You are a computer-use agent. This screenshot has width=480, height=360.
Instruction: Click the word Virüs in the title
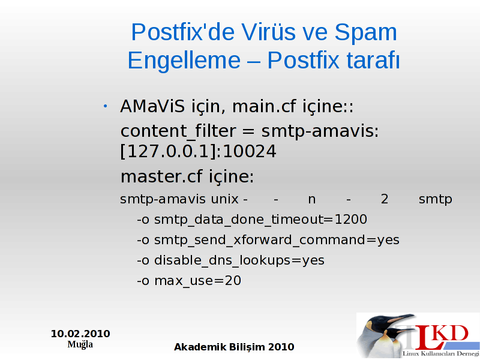tap(268, 32)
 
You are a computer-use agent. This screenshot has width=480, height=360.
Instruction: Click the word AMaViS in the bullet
tap(152, 106)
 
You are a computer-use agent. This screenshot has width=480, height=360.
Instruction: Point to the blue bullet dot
tap(106, 106)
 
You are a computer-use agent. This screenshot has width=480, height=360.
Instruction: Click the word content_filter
tap(178, 131)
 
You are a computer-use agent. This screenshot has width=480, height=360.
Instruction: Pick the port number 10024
tap(250, 152)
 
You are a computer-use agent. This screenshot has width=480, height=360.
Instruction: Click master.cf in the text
tap(161, 176)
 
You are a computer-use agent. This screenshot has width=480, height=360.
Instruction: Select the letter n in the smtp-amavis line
tap(311, 200)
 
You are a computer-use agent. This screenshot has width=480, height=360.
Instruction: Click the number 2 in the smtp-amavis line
tap(385, 199)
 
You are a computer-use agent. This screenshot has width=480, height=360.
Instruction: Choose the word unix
tap(224, 199)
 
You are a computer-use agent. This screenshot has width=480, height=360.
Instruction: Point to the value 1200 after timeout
tap(351, 219)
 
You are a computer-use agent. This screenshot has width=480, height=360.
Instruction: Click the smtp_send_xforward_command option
tap(260, 240)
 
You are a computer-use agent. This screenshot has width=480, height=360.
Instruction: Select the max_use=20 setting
tap(197, 281)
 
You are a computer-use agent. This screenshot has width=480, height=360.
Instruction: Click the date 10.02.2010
tap(80, 334)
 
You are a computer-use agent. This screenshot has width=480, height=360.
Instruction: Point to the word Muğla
tap(80, 344)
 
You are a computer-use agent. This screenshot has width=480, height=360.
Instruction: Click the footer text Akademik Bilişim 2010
tap(234, 347)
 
